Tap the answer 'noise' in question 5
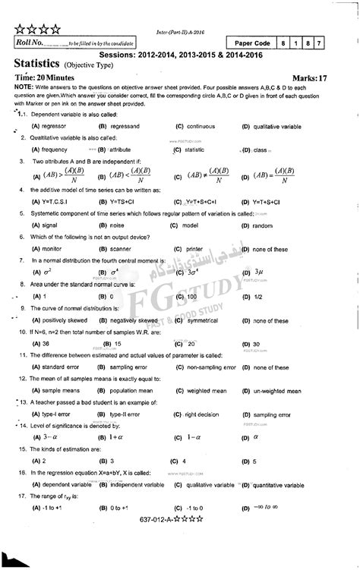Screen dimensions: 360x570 pyautogui.click(x=116, y=226)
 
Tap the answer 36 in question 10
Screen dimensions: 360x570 pyautogui.click(x=36, y=344)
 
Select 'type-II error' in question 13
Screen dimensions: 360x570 pyautogui.click(x=125, y=414)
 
